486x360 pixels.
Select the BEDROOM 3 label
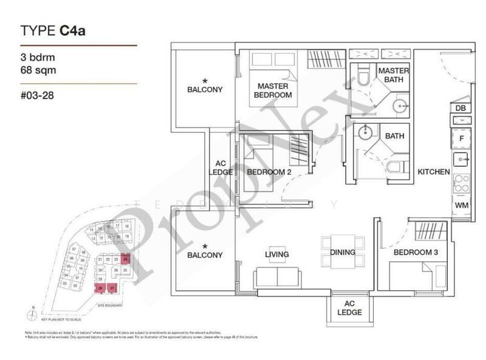tap(413, 252)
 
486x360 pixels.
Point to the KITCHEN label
tap(434, 172)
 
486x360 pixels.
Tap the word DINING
tap(343, 252)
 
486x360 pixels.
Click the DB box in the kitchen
tap(460, 108)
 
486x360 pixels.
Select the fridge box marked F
tap(460, 138)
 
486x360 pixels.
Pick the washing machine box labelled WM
tap(460, 206)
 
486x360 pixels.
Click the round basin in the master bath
tap(402, 104)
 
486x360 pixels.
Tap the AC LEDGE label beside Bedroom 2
tap(221, 168)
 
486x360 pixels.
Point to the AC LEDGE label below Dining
tap(349, 308)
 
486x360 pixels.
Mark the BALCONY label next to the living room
tap(205, 256)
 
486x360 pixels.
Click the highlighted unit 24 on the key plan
tap(125, 259)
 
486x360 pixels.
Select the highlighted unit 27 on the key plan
tap(112, 288)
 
